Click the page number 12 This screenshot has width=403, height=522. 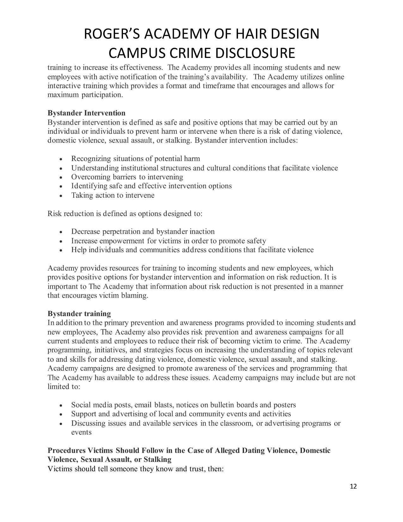[353, 487]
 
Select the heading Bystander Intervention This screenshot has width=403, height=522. [86, 113]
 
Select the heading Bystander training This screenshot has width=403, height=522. [79, 314]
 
